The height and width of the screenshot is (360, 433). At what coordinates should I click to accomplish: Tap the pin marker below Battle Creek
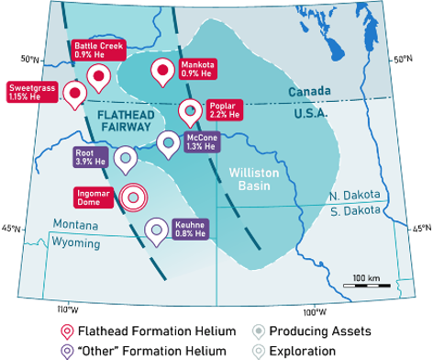[96, 76]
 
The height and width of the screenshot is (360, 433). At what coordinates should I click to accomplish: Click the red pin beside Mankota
[162, 71]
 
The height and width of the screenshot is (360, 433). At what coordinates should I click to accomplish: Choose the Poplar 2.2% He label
[224, 111]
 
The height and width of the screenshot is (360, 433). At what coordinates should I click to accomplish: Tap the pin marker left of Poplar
[190, 111]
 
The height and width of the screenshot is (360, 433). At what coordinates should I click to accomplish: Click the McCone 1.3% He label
[201, 141]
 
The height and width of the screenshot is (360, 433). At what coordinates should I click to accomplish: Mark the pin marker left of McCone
[168, 143]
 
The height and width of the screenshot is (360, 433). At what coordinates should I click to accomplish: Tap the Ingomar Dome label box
[95, 197]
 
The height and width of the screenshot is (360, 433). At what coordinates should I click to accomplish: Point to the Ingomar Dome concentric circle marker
[134, 196]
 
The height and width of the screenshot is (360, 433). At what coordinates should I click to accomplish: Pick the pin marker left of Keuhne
[157, 230]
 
